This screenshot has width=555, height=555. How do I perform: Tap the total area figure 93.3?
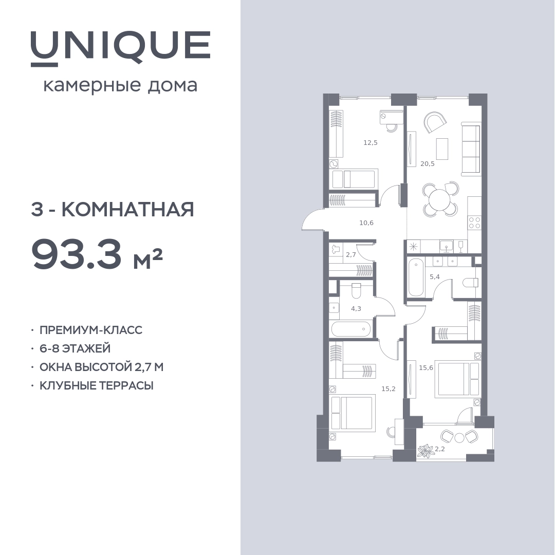pos(77,253)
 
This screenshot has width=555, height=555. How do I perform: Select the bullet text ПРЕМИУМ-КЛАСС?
pos(91,330)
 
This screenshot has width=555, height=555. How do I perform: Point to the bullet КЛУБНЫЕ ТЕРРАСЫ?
pos(96,385)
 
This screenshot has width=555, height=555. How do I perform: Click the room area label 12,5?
pos(371,143)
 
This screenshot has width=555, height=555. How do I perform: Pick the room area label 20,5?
pos(427,164)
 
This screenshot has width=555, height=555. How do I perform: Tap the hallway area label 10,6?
pos(366,223)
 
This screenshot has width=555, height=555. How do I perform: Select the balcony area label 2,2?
pos(439,449)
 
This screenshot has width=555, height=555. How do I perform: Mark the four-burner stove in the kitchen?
pos(474,223)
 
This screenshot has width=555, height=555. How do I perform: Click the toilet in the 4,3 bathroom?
pos(356,290)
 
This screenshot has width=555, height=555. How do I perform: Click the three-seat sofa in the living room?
pos(471,149)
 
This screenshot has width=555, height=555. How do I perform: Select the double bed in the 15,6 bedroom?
pos(459,379)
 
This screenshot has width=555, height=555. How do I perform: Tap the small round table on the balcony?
pos(459,438)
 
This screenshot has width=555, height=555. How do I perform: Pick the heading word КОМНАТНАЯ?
pos(128,210)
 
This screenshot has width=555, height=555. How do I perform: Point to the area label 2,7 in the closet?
pos(351,254)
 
